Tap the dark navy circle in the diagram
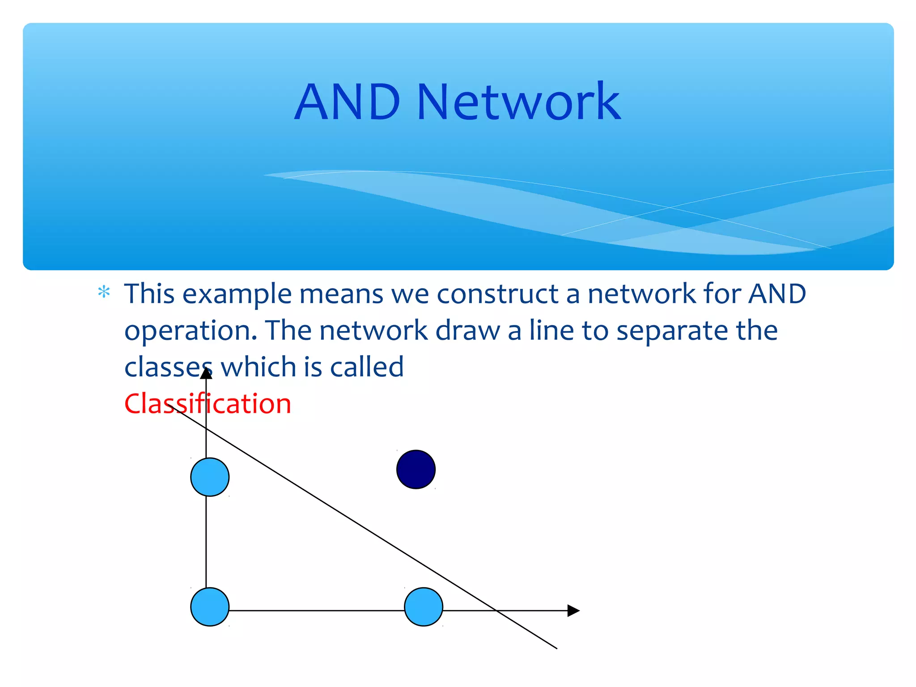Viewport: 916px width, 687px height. tap(416, 469)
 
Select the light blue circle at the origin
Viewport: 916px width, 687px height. tap(210, 607)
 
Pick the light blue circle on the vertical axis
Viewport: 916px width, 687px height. tap(210, 477)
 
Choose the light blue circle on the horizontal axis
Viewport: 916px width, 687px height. tap(424, 607)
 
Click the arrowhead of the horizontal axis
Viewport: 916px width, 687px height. tap(573, 611)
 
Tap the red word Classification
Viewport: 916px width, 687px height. tap(208, 403)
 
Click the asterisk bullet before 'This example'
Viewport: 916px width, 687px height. tap(104, 293)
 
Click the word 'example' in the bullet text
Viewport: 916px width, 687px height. tap(237, 294)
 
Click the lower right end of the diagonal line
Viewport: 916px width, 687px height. tap(556, 648)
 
